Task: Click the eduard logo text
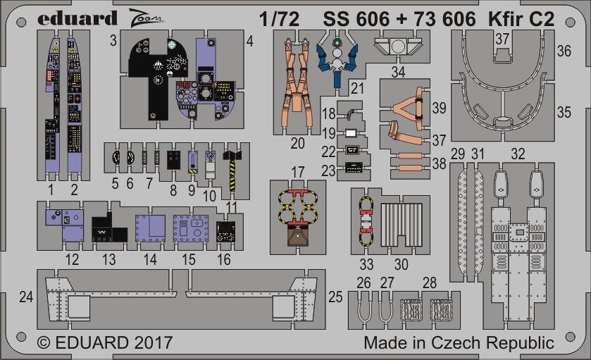pyautogui.click(x=77, y=18)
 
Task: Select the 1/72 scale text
pyautogui.click(x=279, y=19)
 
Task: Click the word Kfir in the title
pyautogui.click(x=507, y=19)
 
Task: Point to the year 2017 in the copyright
pyautogui.click(x=153, y=342)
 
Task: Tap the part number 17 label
pyautogui.click(x=298, y=173)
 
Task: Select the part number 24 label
pyautogui.click(x=26, y=297)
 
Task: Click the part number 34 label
pyautogui.click(x=399, y=72)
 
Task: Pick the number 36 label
pyautogui.click(x=564, y=51)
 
